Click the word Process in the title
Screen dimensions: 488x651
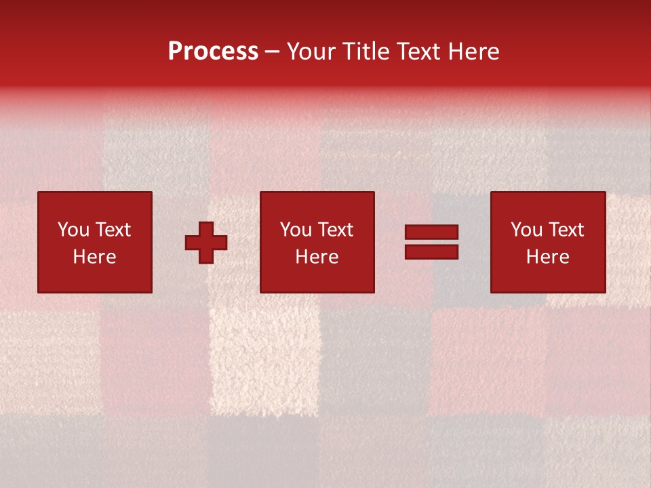click(213, 52)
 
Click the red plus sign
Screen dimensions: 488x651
click(206, 243)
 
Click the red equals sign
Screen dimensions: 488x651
click(431, 242)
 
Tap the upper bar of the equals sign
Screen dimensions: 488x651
click(431, 232)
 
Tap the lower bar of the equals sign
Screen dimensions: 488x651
click(431, 251)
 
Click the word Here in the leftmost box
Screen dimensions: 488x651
click(95, 257)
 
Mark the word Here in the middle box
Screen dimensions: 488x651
click(317, 257)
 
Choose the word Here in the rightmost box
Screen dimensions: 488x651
click(548, 257)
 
